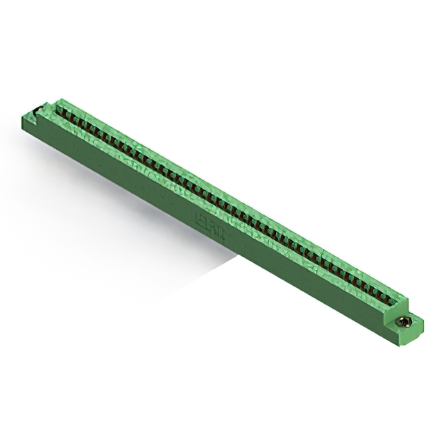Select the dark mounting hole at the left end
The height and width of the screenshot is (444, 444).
click(32, 112)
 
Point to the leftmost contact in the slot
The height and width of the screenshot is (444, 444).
click(61, 109)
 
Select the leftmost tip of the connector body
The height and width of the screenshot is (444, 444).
click(23, 119)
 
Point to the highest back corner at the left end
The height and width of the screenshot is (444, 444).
click(61, 99)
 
